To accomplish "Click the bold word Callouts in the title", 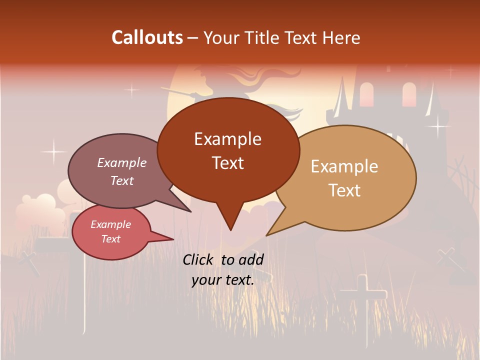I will pos(147,37).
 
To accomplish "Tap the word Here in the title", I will pos(342,37).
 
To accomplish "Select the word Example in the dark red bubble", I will pos(227,138).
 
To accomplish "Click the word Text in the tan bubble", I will pos(344,190).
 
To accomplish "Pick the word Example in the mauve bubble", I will pos(121,162).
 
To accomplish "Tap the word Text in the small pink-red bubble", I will pos(110,239).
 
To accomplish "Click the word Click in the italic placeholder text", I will pos(199,259).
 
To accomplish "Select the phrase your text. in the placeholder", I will pos(222,280).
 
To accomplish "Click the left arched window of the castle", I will pos(366,94).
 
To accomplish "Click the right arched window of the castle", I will pos(408,93).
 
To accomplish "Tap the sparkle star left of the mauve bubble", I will pos(53,150).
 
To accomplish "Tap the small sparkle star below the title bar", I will pos(131,90).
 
